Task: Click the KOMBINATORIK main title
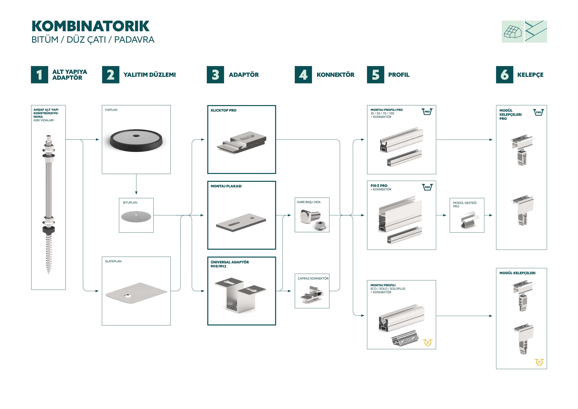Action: click(x=91, y=26)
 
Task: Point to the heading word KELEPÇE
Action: click(x=530, y=75)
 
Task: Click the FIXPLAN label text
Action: click(x=111, y=110)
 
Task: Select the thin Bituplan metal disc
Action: click(x=136, y=216)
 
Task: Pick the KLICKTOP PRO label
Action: click(x=224, y=110)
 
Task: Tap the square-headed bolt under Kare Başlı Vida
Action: click(x=310, y=217)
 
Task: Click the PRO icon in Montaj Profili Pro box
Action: click(x=427, y=112)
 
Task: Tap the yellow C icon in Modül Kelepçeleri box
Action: click(x=539, y=362)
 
